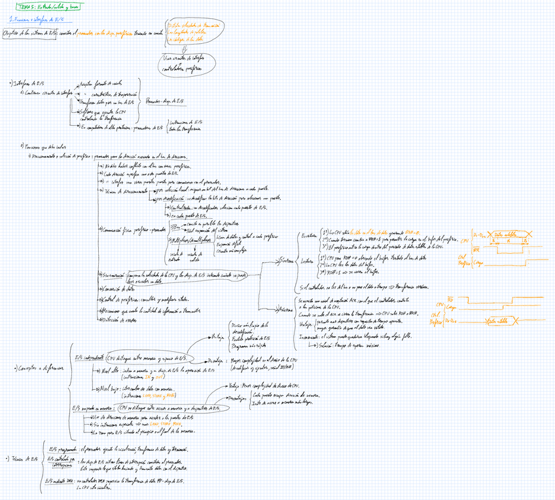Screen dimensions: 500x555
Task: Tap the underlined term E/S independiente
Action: (88, 358)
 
